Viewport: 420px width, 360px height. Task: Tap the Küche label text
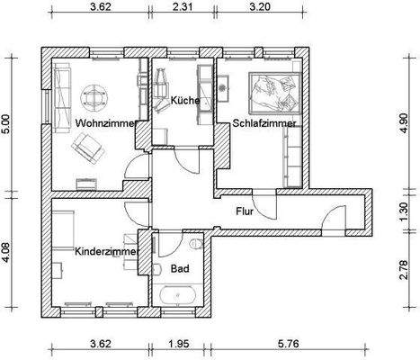185,101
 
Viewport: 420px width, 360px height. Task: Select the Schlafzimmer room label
264,122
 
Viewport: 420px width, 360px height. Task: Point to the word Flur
245,212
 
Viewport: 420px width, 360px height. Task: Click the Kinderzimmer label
105,252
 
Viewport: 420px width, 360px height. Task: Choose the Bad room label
180,269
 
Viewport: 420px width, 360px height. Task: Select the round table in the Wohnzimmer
95,93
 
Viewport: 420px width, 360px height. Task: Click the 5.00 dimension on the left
8,123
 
